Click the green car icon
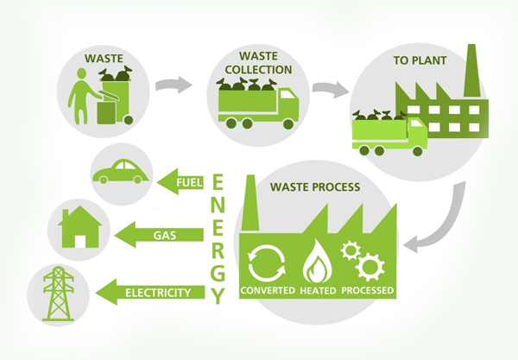tap(121, 172)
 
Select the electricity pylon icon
tap(59, 294)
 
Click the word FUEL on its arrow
tap(189, 182)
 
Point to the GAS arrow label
tap(165, 236)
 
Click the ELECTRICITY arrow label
tap(158, 293)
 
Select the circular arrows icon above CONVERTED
tap(266, 263)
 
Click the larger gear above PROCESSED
tap(370, 267)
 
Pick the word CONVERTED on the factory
tap(268, 290)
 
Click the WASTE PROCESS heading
tap(315, 187)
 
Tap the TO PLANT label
tap(420, 60)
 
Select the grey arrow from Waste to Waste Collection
tap(174, 85)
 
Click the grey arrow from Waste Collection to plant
tap(331, 89)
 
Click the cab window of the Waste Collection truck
tap(288, 95)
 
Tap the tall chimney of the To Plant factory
tap(471, 70)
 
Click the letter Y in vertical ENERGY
tap(218, 296)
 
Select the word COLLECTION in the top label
tap(258, 70)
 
